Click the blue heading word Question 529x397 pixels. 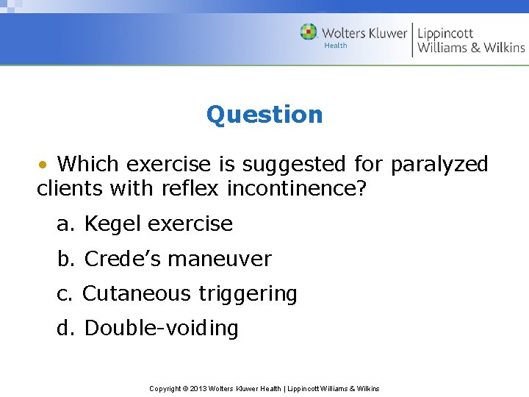click(x=264, y=115)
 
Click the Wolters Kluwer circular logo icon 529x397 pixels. click(x=309, y=32)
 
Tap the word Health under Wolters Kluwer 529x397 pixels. click(x=336, y=46)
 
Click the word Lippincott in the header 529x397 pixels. click(x=445, y=32)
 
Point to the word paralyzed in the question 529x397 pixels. click(x=439, y=165)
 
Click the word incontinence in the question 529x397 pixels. click(x=295, y=189)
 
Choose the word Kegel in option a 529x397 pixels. click(x=115, y=224)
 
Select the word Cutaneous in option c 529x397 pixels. click(x=136, y=294)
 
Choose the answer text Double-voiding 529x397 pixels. click(x=162, y=329)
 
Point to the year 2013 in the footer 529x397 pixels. click(x=198, y=388)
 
